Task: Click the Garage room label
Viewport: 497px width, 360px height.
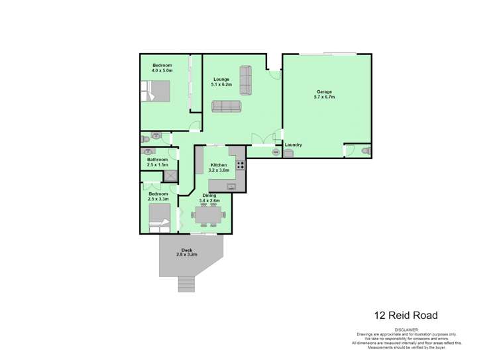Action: pyautogui.click(x=324, y=91)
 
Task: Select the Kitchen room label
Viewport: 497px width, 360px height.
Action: pyautogui.click(x=219, y=165)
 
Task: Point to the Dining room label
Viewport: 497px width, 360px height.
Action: pyautogui.click(x=209, y=196)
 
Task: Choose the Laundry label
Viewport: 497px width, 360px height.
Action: pyautogui.click(x=294, y=145)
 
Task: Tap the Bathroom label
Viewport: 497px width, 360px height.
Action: pyautogui.click(x=157, y=159)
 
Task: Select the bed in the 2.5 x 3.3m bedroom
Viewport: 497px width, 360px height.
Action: pyautogui.click(x=159, y=217)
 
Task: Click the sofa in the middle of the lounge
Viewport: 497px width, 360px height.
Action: pyautogui.click(x=227, y=106)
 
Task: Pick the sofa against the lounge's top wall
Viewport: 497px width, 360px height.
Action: pyautogui.click(x=246, y=80)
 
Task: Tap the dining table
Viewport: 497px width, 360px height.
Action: pyautogui.click(x=209, y=215)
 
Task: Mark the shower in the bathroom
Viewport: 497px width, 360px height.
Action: pyautogui.click(x=170, y=176)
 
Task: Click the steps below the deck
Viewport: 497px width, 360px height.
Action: pyautogui.click(x=187, y=284)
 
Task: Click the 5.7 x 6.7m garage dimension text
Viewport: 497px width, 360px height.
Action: pyautogui.click(x=324, y=97)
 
